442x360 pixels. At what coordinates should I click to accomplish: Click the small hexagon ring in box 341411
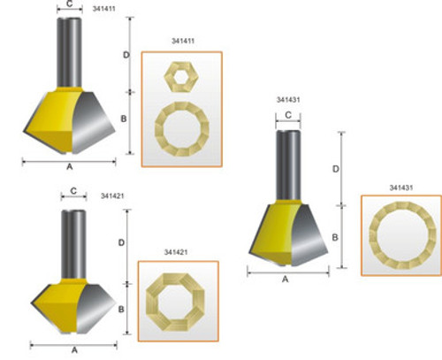180,77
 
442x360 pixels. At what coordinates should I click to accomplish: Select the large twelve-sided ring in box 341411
180,130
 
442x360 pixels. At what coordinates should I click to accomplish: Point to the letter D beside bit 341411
126,55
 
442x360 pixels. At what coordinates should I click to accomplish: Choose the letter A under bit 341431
285,280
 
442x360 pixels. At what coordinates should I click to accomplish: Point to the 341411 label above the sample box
180,42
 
